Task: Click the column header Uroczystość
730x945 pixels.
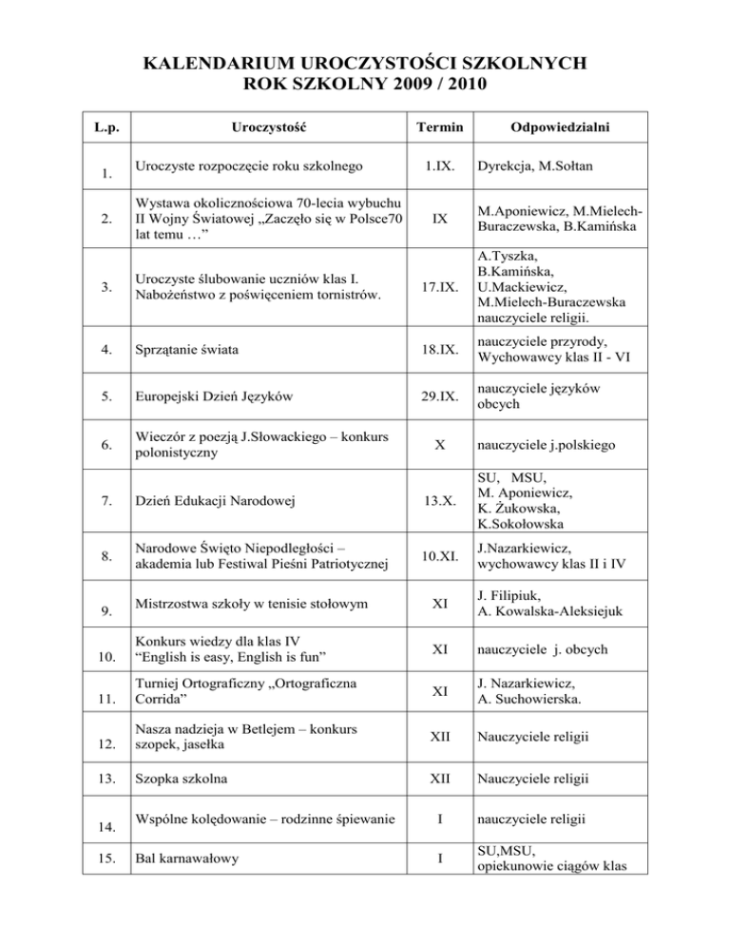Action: pos(272,126)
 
